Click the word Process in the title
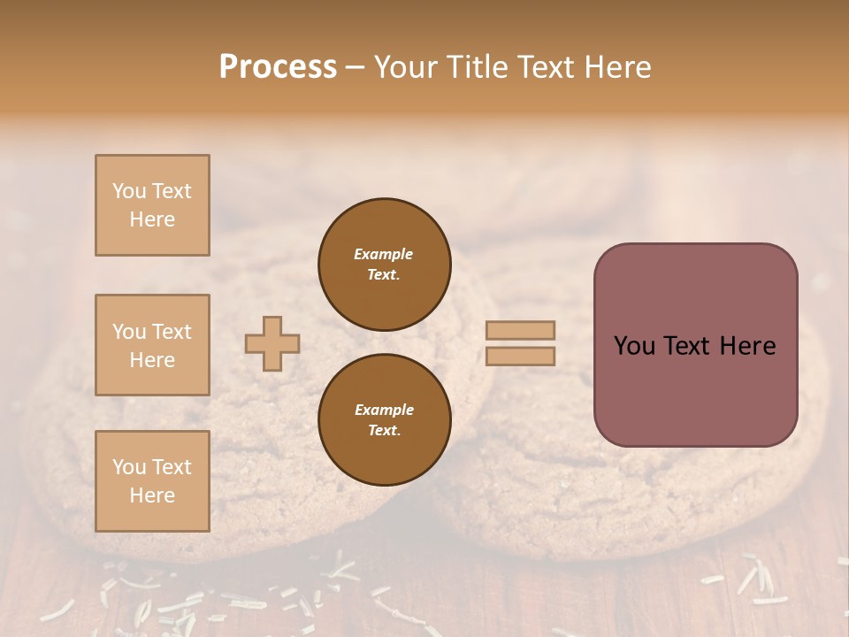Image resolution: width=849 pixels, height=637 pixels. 278,67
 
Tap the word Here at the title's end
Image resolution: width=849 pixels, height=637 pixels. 616,67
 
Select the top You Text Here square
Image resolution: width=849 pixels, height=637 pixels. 152,205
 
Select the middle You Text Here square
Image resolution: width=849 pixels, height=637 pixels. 152,345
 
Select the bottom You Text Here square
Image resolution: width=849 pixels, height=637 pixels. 152,480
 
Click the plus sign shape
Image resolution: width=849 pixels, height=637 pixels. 272,343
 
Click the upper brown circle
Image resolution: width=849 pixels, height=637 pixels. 384,264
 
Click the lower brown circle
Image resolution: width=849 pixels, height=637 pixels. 384,419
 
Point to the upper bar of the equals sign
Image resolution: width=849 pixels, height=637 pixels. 521,330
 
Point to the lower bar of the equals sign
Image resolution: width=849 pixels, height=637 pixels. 521,356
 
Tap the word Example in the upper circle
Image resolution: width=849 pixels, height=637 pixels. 384,254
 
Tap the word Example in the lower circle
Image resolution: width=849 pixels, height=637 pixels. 384,410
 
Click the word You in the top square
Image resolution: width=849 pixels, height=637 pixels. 128,191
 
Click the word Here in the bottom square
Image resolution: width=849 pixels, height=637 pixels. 152,495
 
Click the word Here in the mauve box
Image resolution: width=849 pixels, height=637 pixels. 747,346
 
